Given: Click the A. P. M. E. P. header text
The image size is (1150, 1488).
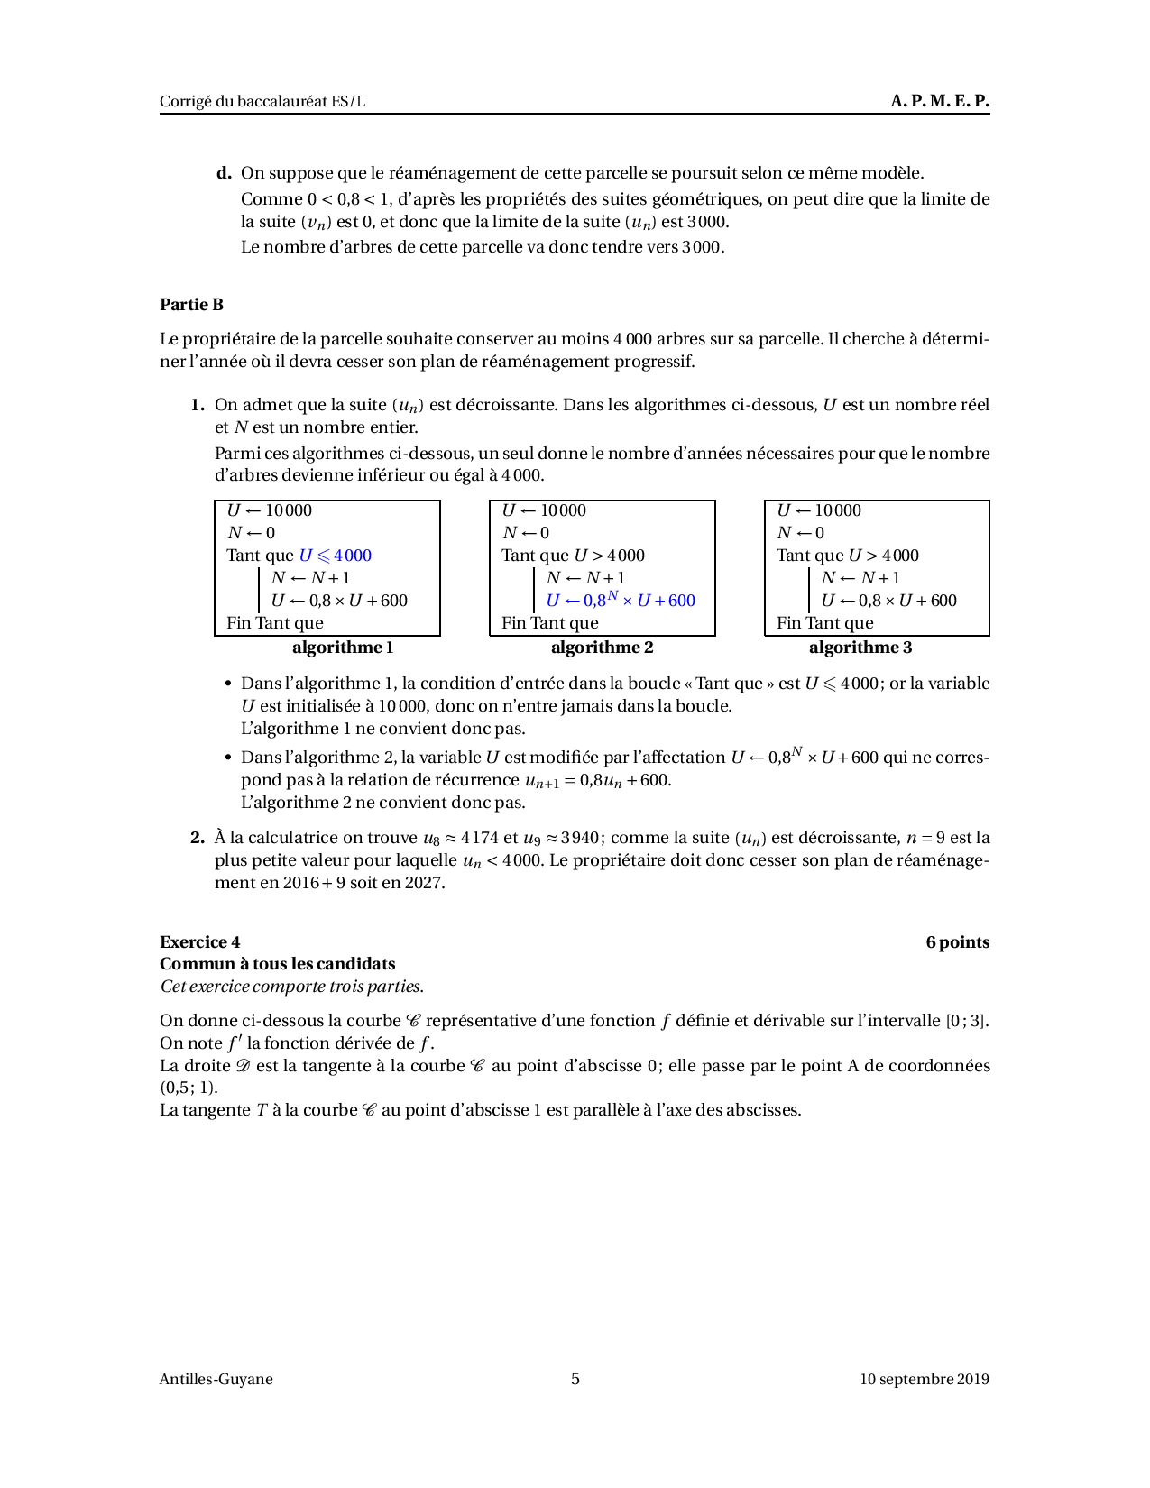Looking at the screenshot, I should click(939, 101).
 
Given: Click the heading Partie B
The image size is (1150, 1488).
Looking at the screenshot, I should click(191, 305).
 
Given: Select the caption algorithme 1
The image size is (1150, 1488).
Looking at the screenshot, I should click(343, 648).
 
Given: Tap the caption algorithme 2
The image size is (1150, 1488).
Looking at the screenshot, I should click(602, 648).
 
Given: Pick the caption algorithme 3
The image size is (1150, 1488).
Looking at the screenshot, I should click(860, 648).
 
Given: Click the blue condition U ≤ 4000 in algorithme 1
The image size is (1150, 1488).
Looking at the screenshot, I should click(335, 556).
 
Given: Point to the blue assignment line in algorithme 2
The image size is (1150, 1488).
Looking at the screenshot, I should click(621, 600).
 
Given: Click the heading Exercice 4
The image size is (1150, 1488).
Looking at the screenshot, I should click(200, 942).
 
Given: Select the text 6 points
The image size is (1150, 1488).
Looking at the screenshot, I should click(957, 942).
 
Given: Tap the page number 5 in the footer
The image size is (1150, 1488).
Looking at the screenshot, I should click(575, 1379).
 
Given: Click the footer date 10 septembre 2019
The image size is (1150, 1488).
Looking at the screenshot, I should click(924, 1379).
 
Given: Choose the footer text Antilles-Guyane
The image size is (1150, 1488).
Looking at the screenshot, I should click(216, 1379).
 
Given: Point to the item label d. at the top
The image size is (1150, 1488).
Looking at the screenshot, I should click(224, 173).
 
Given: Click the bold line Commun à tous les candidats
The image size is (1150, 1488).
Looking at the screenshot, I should click(278, 964).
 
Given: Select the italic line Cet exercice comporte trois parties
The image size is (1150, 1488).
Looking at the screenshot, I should click(291, 987).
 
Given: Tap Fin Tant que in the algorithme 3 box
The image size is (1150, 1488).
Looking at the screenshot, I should click(824, 623).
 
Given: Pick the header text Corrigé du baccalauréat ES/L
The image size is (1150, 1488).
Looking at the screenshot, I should click(262, 101).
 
